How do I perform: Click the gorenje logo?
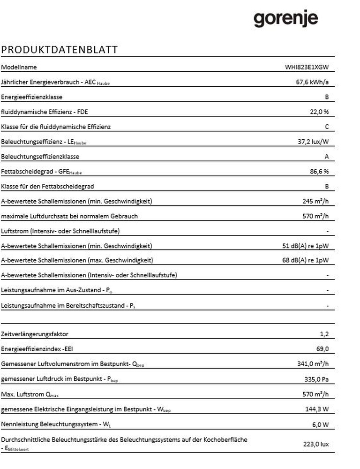click(286, 19)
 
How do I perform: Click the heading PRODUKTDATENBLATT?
click(60, 50)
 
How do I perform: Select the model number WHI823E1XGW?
click(307, 67)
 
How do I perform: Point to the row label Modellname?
click(19, 67)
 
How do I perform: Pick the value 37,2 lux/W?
click(313, 142)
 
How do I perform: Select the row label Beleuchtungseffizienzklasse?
click(39, 157)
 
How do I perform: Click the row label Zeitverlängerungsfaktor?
click(35, 334)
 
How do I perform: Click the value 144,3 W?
click(317, 409)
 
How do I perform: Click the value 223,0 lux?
click(315, 444)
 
